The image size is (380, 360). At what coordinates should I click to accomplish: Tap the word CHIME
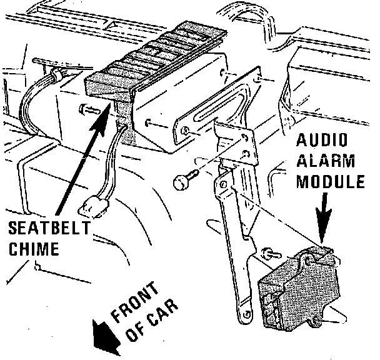[x=31, y=248]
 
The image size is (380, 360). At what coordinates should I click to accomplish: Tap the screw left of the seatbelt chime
[x=86, y=111]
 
